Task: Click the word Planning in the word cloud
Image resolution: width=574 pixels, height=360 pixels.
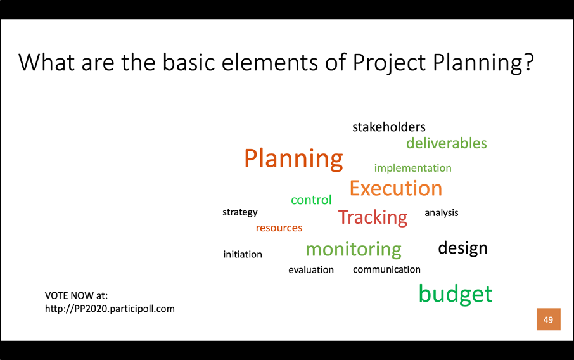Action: click(293, 159)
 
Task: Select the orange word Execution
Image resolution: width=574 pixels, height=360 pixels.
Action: click(396, 188)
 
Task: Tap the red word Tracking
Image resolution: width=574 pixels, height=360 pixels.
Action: click(373, 217)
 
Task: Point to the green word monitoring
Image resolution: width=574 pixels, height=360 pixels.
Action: click(354, 249)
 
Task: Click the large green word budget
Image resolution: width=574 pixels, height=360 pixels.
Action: click(456, 293)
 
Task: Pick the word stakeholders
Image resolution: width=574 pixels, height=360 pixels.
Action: click(389, 127)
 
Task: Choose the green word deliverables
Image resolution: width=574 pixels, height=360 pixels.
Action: click(447, 143)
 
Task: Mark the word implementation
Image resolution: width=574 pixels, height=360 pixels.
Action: click(412, 168)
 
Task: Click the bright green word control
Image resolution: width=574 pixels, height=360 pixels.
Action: click(311, 200)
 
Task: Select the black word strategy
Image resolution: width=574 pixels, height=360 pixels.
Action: click(240, 212)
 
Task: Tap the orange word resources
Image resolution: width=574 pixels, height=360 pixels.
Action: click(279, 228)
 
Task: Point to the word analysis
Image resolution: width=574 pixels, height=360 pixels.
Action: click(442, 213)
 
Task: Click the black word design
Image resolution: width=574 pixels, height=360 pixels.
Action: click(462, 248)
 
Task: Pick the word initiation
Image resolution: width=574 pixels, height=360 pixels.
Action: click(243, 254)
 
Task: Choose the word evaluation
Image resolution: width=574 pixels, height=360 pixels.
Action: click(311, 270)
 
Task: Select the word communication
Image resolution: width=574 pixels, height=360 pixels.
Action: click(386, 269)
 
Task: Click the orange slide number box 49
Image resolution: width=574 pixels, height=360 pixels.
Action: click(549, 319)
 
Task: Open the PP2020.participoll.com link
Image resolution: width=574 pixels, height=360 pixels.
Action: click(110, 309)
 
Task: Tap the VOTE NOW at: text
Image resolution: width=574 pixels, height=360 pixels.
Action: click(76, 295)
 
